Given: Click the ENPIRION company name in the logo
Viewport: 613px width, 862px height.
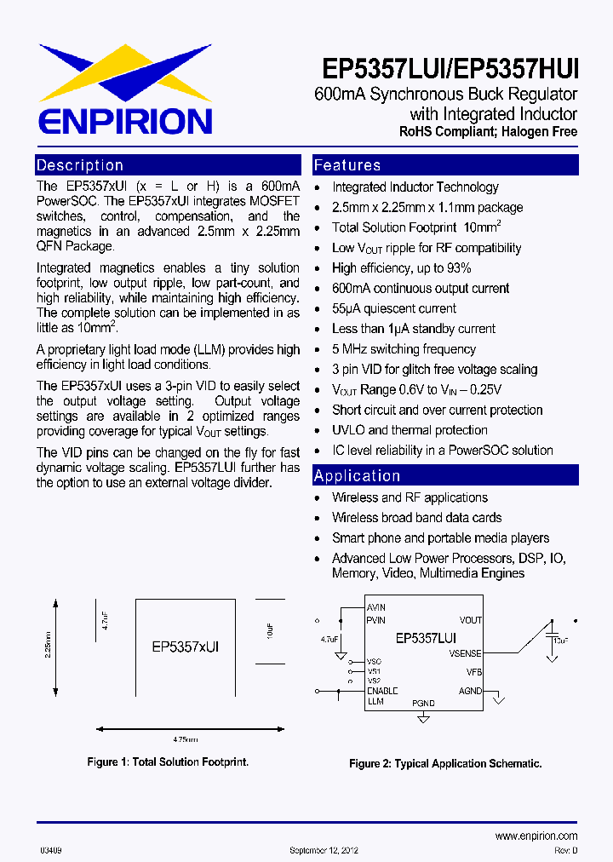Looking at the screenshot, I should tap(124, 120).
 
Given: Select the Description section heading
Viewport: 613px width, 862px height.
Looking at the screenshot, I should tap(80, 165).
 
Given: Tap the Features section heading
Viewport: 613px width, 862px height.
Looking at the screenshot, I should tap(347, 165).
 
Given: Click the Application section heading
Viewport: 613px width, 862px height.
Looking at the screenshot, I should tap(357, 476).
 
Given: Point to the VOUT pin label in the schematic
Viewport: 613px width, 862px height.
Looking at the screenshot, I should tap(470, 620).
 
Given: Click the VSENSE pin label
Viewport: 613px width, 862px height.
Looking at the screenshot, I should tap(465, 653).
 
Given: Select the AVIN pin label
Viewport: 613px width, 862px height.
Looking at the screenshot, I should tap(375, 607).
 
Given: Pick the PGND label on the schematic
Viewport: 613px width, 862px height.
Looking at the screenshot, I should tap(423, 703).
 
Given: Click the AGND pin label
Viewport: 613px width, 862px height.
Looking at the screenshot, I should tap(470, 691).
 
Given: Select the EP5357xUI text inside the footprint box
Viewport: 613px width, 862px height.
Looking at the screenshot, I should tap(186, 647).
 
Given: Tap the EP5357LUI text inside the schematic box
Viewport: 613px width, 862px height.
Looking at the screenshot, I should tap(426, 637).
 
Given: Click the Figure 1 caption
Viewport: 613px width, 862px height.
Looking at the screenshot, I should tap(169, 762).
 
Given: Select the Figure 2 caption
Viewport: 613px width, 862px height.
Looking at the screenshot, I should tap(445, 764).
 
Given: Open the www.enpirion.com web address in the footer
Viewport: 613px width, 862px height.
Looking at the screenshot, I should tap(536, 836).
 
